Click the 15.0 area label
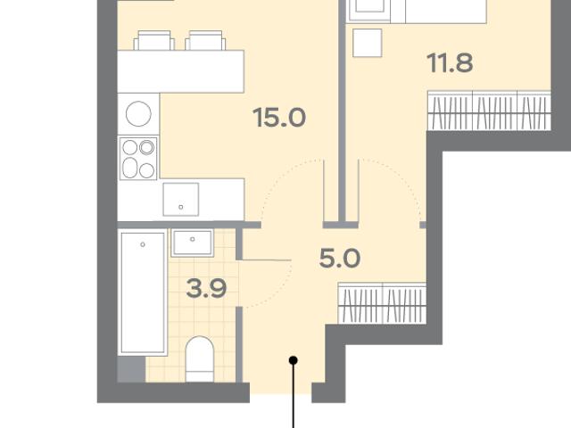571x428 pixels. (279, 118)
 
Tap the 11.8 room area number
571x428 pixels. (450, 63)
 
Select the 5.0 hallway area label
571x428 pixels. (340, 259)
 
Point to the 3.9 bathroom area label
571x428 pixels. (206, 289)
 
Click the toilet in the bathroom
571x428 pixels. (199, 358)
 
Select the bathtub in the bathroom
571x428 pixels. (143, 292)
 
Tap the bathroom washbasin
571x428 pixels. (193, 243)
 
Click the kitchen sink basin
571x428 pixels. (181, 200)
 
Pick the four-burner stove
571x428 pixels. (138, 159)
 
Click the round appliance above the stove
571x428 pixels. (138, 114)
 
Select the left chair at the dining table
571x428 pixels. (154, 40)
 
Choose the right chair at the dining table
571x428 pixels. (205, 40)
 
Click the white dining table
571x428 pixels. (180, 71)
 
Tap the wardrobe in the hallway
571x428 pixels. (382, 303)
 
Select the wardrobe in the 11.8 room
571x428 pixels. (489, 111)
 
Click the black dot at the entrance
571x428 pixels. (294, 360)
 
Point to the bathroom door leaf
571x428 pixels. (266, 259)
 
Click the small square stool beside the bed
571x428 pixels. (368, 43)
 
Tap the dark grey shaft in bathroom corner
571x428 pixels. (131, 369)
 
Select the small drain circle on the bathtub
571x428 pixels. (143, 244)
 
